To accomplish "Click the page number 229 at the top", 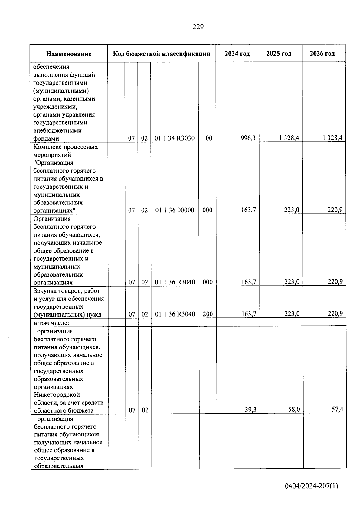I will [198, 27].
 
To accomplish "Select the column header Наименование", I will [69, 54].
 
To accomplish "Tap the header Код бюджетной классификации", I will [162, 54].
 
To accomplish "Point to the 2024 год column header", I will [237, 54].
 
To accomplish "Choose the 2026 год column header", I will [322, 54].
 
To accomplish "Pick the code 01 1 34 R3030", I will [175, 138].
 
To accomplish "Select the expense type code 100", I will [207, 138].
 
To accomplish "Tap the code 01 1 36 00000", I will [175, 210].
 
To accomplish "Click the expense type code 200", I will [208, 314].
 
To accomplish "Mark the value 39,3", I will [250, 410].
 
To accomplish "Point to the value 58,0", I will [294, 410].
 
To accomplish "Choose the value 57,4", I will [337, 410].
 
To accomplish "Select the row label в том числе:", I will [51, 323].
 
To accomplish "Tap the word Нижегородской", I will [57, 395].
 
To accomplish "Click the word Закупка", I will [45, 291].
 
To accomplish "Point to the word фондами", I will [46, 139].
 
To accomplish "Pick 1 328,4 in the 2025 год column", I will [289, 138].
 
